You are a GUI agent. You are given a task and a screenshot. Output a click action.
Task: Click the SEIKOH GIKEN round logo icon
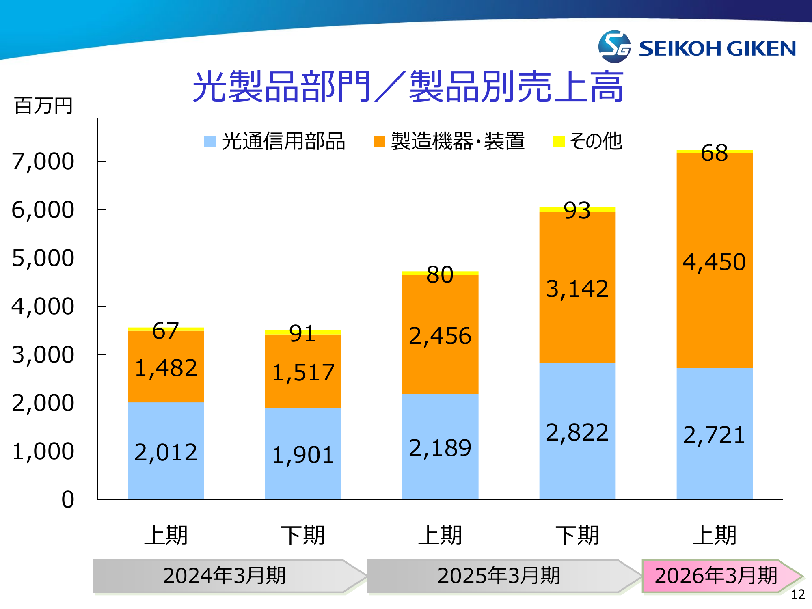(614, 47)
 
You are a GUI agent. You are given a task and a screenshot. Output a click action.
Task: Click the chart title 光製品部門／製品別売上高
(408, 86)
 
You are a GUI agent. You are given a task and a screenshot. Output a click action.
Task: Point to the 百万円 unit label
(43, 106)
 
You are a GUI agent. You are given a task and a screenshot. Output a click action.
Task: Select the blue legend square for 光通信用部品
(210, 141)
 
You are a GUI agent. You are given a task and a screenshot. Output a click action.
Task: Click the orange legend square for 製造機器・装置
(379, 141)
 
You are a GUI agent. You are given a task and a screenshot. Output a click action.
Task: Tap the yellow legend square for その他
(559, 141)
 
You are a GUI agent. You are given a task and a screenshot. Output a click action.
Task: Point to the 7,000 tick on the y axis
(43, 162)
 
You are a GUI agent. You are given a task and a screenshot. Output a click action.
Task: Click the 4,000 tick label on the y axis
(43, 307)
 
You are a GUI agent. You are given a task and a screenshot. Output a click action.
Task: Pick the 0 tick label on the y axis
(68, 499)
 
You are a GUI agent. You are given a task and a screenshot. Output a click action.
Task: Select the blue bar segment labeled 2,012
(166, 451)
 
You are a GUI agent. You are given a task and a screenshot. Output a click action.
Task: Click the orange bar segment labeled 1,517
(303, 371)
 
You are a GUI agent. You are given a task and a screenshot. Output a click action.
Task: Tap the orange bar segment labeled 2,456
(440, 335)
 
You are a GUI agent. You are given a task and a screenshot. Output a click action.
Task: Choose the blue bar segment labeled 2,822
(577, 432)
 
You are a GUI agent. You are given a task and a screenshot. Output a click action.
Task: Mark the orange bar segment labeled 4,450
(715, 261)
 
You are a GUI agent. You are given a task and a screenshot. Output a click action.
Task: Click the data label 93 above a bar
(577, 211)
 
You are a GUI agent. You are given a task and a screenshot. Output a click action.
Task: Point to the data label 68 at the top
(714, 153)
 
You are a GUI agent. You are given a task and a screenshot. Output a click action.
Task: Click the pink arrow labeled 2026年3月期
(717, 576)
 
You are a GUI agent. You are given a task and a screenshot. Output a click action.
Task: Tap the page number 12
(798, 594)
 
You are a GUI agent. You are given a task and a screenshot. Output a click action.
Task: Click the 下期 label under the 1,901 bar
(303, 535)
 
